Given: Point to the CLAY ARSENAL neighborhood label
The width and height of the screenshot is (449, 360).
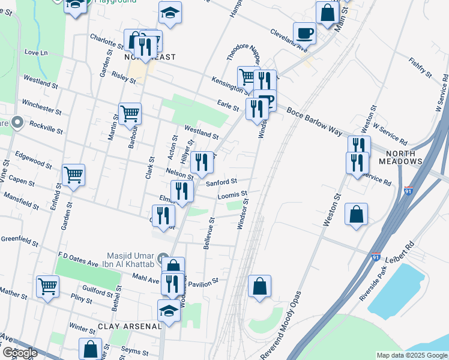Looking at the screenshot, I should click(x=130, y=326).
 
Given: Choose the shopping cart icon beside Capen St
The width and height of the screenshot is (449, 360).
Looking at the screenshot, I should click(x=73, y=175).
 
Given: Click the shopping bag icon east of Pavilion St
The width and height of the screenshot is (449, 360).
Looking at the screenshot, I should click(x=259, y=286).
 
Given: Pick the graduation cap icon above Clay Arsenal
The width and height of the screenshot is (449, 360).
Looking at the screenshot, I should click(x=169, y=311).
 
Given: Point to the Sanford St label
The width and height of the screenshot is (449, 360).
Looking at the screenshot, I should click(x=222, y=181).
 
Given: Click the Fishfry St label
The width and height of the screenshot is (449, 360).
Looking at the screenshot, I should click(x=420, y=68).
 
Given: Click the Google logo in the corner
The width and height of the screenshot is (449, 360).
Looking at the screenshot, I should click(x=19, y=353).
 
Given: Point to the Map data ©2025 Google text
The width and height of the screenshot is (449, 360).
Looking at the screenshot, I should click(x=411, y=355).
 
